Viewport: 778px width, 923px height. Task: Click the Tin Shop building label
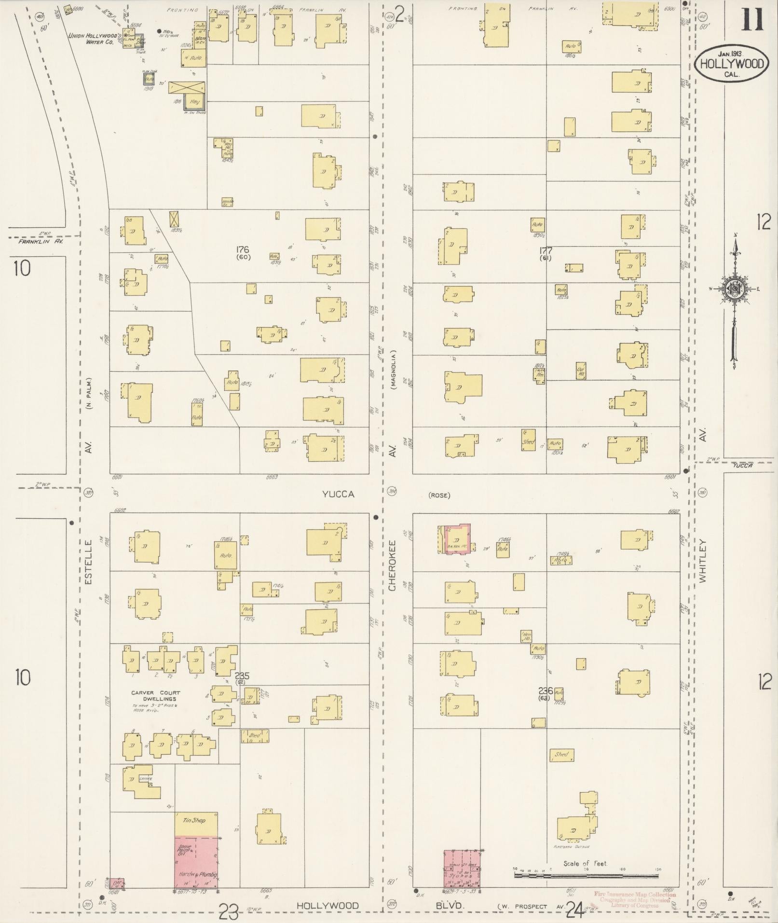click(x=194, y=820)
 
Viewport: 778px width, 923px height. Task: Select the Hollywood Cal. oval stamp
click(x=732, y=63)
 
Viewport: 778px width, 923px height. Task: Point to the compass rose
click(x=735, y=289)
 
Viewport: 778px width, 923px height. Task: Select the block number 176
click(x=242, y=249)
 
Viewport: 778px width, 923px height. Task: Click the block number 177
click(x=546, y=250)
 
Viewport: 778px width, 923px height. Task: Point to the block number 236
click(x=546, y=691)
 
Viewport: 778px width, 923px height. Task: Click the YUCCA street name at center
click(x=338, y=494)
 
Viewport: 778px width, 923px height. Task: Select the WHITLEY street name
click(x=702, y=562)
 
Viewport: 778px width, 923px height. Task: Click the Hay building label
click(x=194, y=102)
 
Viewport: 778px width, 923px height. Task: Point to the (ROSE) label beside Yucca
click(x=439, y=496)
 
